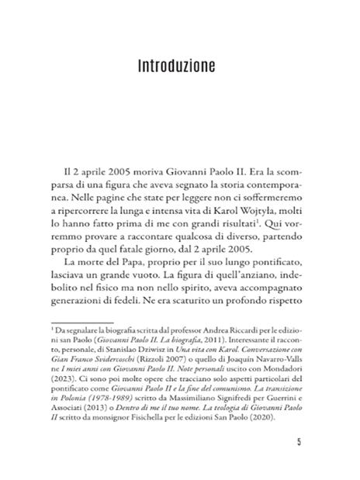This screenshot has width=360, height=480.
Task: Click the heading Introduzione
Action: (180, 66)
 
